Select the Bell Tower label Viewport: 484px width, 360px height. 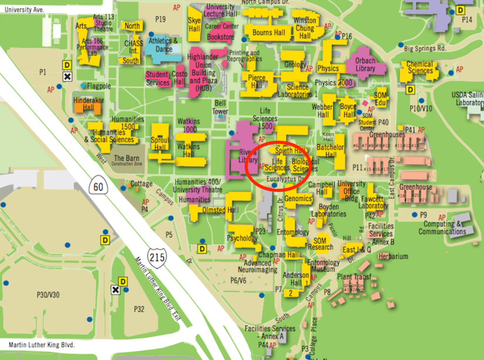coord(219,107)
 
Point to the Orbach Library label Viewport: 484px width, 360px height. coord(365,64)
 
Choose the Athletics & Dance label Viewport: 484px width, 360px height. coord(163,45)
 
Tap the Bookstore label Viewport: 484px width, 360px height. coord(221,38)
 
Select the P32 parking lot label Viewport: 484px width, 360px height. coord(138,309)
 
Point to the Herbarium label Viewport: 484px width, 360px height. coord(393,256)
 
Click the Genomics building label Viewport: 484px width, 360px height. coord(298,199)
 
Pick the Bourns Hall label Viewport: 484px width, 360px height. coord(270,33)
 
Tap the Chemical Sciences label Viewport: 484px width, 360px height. coord(420,67)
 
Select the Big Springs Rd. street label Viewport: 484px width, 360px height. coord(425,48)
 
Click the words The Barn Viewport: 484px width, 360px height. coord(126,158)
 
